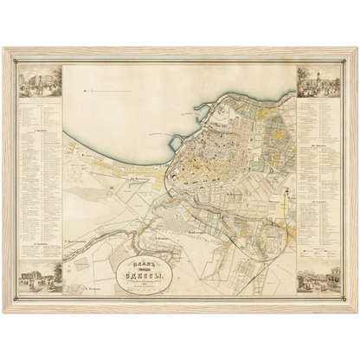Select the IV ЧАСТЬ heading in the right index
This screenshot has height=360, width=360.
pos(317,198)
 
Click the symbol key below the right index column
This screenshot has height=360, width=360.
pos(317,251)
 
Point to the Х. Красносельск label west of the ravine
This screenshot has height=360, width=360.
pos(79,233)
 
